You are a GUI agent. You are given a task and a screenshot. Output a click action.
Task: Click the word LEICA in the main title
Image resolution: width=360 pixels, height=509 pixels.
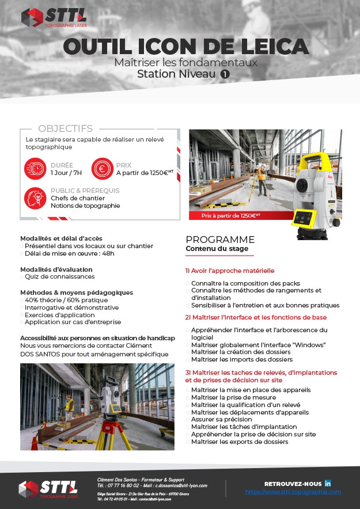[269, 45]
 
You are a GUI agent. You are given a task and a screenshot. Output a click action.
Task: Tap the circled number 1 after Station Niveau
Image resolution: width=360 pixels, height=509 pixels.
[225, 74]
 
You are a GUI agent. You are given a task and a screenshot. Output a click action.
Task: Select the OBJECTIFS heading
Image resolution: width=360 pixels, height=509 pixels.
[65, 128]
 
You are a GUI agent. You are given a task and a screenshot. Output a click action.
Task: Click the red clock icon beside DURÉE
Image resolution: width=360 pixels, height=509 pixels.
[35, 168]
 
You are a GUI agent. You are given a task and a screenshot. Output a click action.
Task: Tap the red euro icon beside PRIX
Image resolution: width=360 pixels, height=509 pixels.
[102, 168]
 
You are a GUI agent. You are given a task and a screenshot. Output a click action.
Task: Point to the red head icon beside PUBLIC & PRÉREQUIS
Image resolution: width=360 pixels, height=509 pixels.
[35, 198]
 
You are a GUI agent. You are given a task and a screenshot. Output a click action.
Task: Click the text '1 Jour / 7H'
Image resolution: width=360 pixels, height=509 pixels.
[66, 172]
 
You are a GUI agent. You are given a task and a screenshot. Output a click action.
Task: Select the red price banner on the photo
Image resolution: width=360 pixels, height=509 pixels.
[230, 215]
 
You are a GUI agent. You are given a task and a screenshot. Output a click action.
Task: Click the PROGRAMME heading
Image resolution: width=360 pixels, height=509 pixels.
[219, 240]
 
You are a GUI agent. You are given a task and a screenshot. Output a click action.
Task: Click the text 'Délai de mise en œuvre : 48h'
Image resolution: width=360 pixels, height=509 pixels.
[69, 253]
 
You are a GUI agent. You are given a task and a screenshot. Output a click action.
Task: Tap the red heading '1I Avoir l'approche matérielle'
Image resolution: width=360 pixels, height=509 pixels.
[230, 270]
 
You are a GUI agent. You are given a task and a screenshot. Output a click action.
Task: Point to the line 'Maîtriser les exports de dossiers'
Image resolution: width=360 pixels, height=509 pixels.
[239, 442]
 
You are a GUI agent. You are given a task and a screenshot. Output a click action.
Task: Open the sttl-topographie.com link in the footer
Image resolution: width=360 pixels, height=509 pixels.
[293, 492]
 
